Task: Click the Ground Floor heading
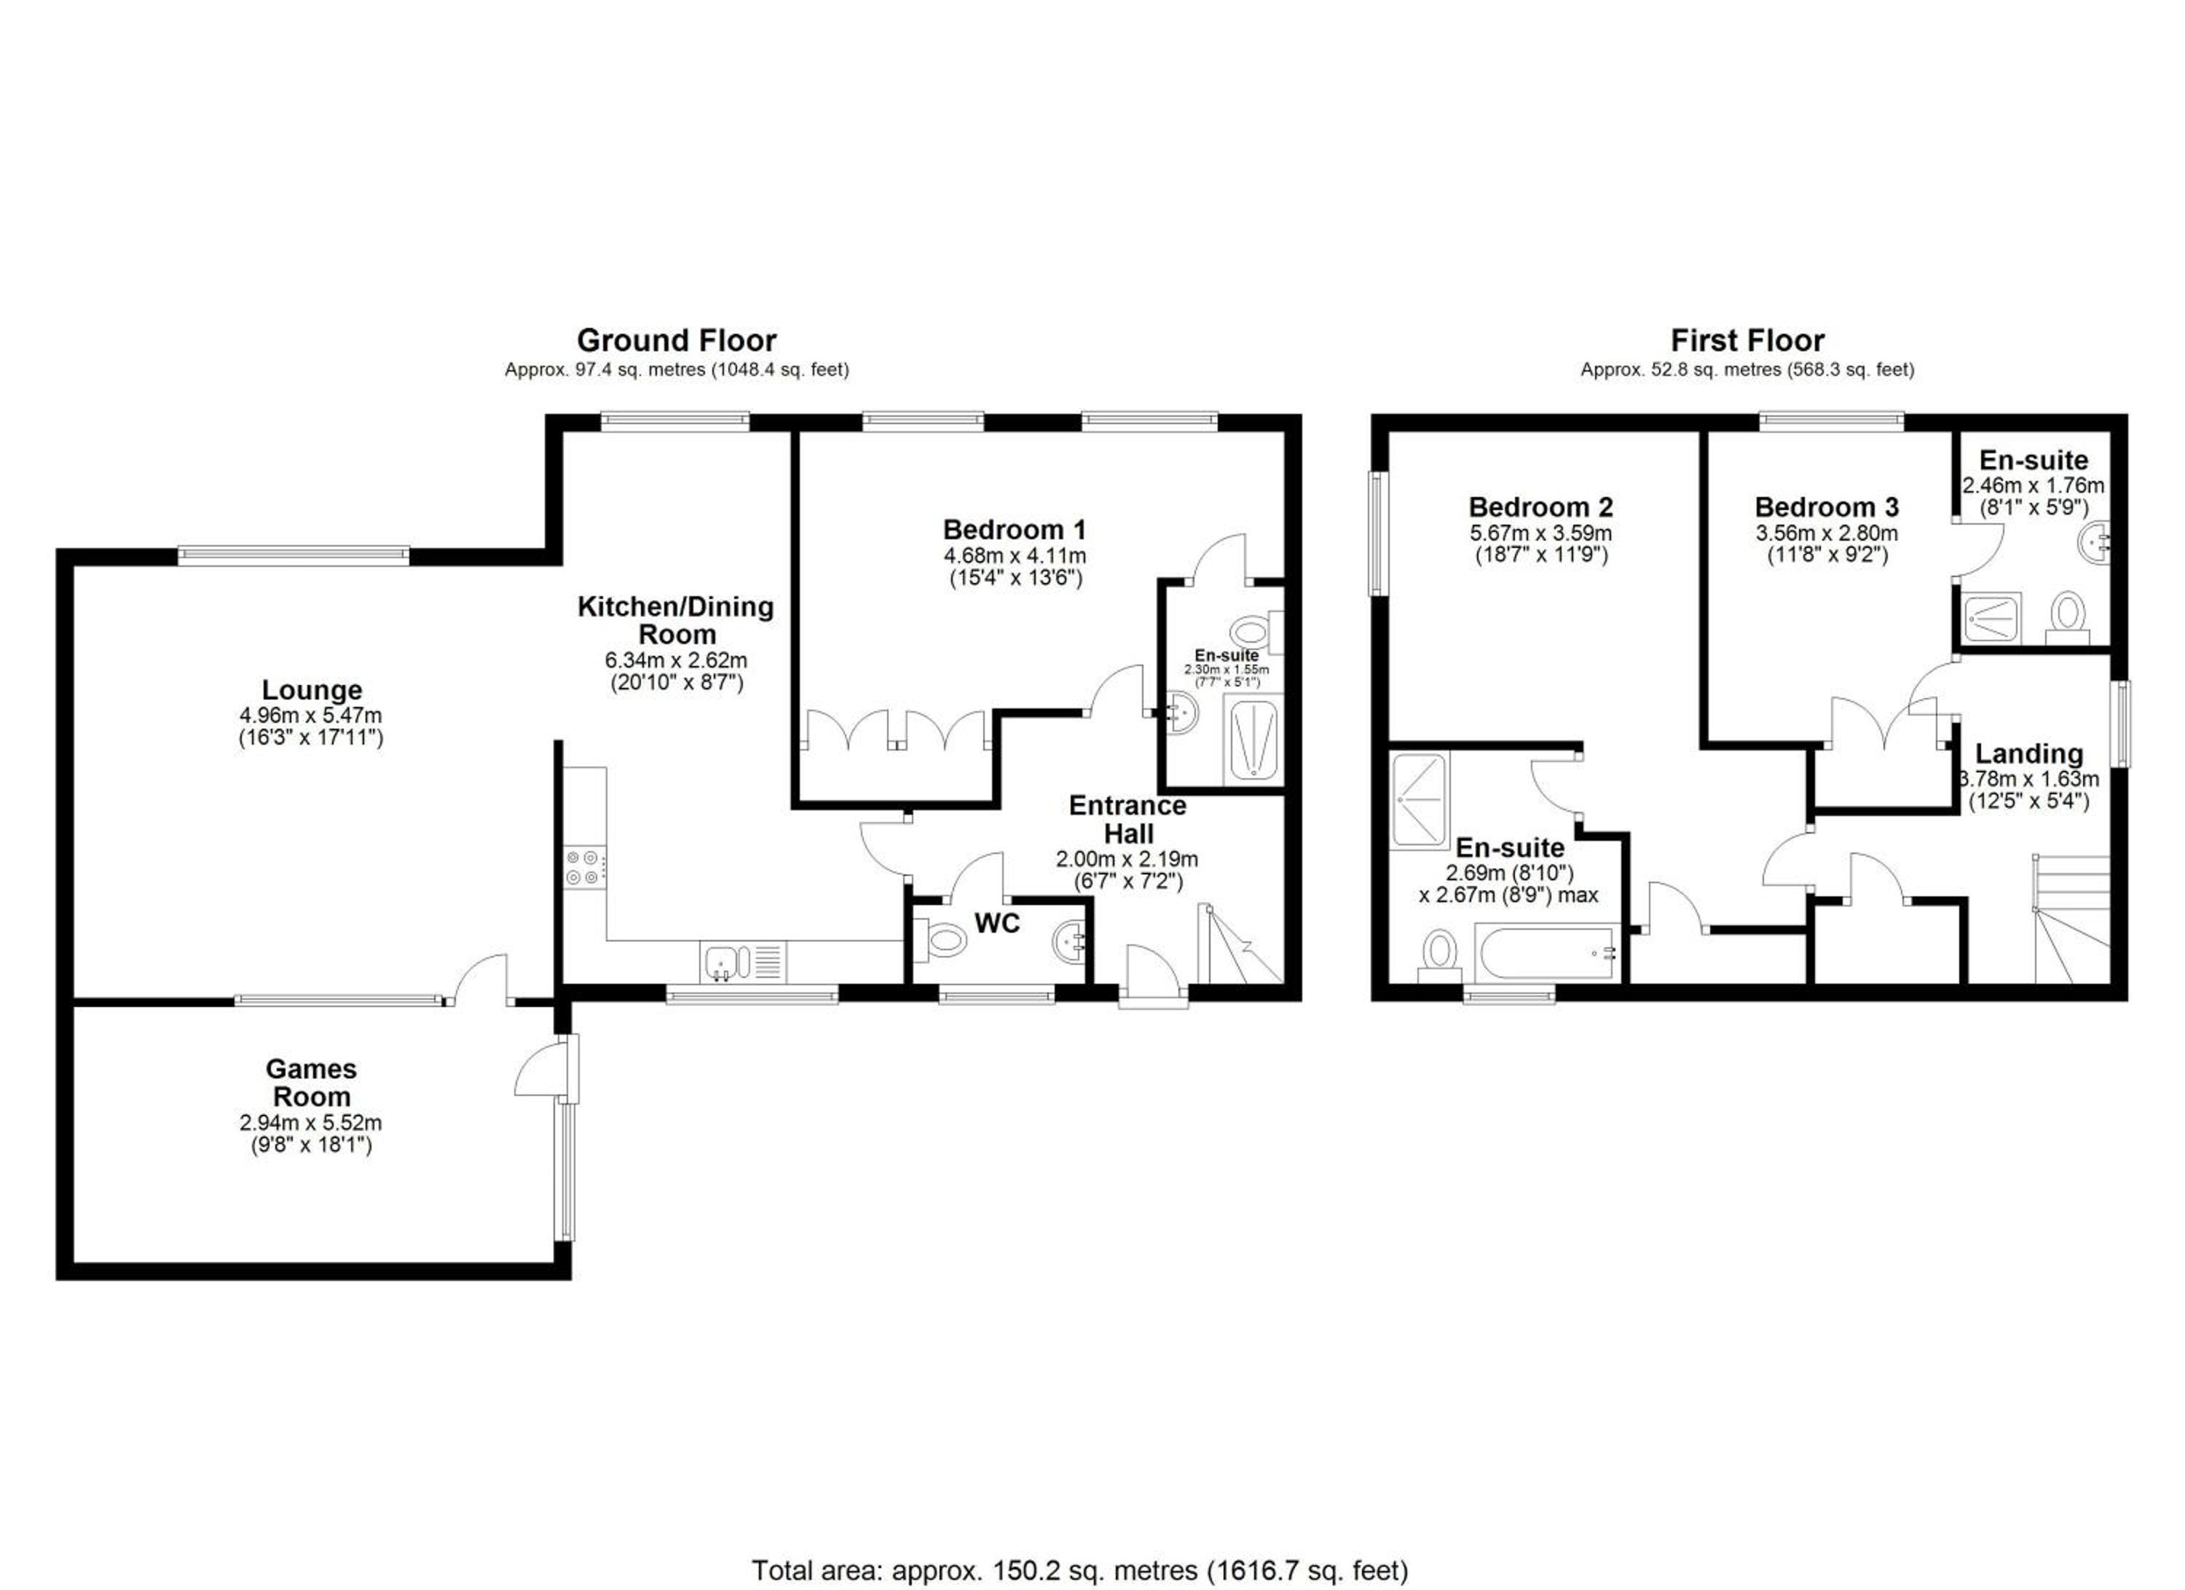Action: tap(677, 340)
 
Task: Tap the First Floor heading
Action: tap(1747, 340)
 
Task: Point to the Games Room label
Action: tap(311, 1082)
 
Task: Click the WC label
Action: tap(997, 923)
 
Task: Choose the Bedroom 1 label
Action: tap(1014, 529)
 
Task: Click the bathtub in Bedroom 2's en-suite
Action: tap(1546, 952)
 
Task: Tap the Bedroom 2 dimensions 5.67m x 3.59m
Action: tap(1540, 533)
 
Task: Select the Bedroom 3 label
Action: tap(1827, 507)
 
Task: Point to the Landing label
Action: tap(2029, 753)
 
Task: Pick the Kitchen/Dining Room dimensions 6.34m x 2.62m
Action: tap(677, 661)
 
